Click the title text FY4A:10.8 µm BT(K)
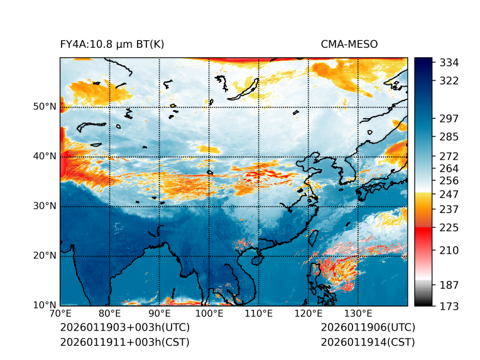(x=112, y=44)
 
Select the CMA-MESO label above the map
(x=349, y=44)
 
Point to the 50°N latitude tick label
(x=44, y=107)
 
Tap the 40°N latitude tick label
(x=44, y=156)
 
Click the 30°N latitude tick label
(x=44, y=206)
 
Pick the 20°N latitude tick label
(x=44, y=256)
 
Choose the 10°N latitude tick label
(x=44, y=305)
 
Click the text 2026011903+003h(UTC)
(x=124, y=328)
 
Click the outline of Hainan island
(x=256, y=259)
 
